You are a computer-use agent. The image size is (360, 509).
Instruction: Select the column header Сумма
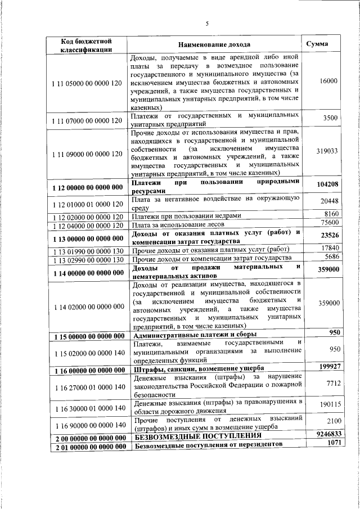317,44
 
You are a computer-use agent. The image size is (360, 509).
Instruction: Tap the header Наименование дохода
214,44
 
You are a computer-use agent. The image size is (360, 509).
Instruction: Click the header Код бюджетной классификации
87,45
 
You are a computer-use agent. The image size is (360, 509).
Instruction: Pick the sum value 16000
328,81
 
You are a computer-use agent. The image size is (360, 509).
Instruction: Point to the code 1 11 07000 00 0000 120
86,120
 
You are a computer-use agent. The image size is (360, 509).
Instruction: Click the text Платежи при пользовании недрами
186,216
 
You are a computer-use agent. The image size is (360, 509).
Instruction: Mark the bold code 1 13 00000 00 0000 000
87,238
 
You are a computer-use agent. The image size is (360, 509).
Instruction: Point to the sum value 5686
331,257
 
